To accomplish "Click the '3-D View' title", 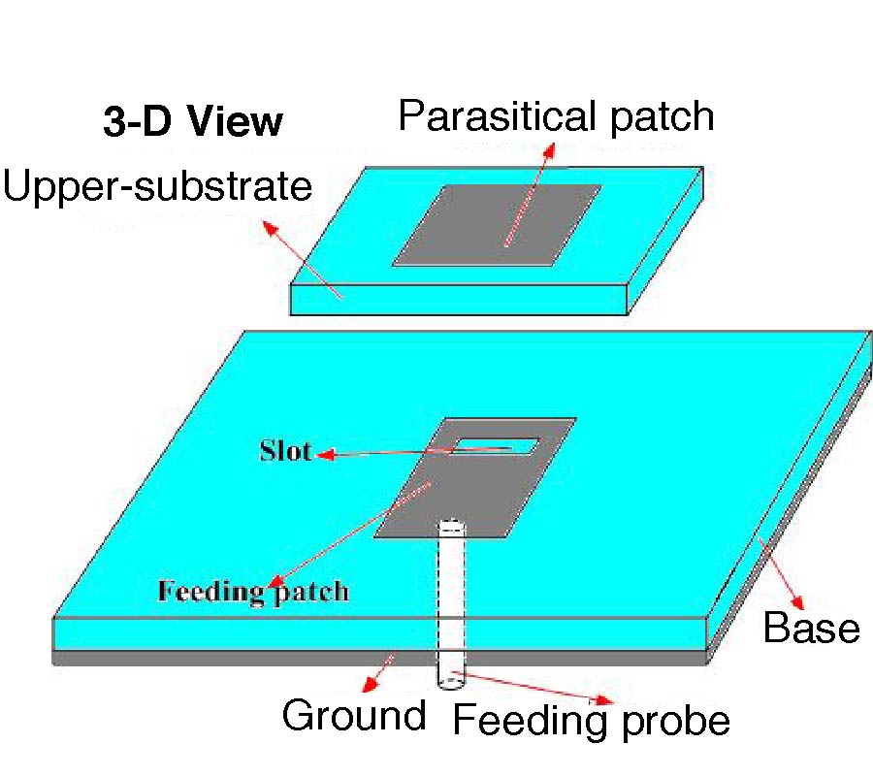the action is [193, 121].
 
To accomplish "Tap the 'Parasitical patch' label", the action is [556, 117].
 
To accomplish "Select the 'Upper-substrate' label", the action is [157, 187].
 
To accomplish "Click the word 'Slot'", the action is [285, 451].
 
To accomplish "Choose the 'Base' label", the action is [811, 628].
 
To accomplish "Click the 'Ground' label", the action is [354, 715].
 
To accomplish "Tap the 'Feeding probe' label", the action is [592, 721].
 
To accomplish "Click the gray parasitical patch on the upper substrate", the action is [498, 225].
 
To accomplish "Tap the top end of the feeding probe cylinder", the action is [451, 525].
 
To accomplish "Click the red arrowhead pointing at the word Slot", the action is [326, 454].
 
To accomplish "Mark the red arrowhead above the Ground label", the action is [370, 684].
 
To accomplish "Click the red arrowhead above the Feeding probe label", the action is [604, 699].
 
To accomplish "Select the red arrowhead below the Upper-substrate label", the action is [270, 227].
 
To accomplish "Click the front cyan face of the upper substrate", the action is [459, 300].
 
